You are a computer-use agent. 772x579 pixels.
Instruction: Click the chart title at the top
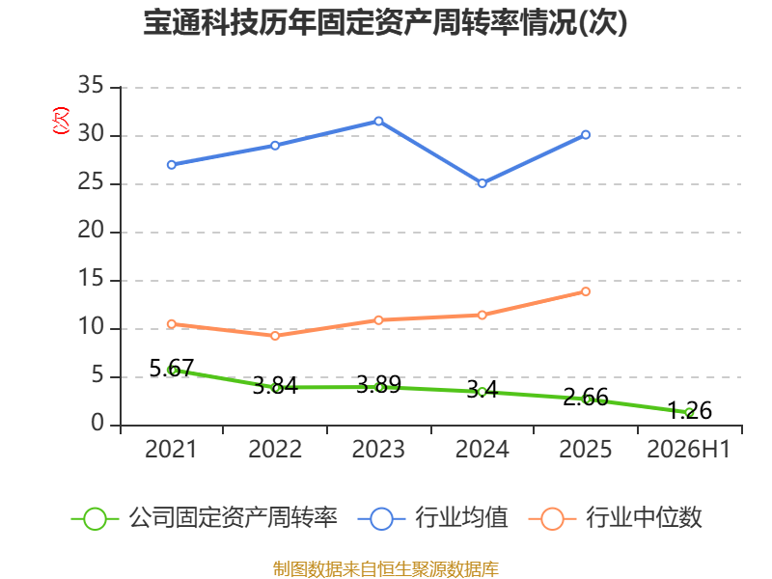click(385, 22)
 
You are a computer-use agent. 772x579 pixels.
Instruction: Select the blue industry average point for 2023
click(378, 122)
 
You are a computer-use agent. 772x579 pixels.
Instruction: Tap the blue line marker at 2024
click(482, 183)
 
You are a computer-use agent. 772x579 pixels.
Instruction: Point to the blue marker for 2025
click(586, 134)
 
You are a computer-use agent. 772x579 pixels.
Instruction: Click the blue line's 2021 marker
click(172, 164)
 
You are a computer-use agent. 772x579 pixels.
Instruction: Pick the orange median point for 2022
click(275, 336)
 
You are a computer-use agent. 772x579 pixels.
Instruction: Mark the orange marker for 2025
click(586, 291)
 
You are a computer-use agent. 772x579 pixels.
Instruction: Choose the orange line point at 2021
click(172, 324)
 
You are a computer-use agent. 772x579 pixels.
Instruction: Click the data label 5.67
click(172, 369)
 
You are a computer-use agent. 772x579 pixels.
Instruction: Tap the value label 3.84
click(275, 385)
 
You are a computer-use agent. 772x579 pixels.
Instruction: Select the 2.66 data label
click(586, 397)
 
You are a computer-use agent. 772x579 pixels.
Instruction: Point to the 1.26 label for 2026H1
click(689, 410)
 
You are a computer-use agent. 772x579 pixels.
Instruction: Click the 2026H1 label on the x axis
click(688, 449)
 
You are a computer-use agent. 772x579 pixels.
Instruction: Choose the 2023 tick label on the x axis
click(378, 449)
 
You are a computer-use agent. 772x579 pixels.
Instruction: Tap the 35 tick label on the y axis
click(90, 85)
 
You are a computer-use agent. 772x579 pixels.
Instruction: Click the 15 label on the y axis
click(90, 279)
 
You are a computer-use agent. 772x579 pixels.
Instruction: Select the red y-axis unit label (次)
click(61, 121)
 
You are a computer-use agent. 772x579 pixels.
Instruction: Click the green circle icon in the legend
click(95, 519)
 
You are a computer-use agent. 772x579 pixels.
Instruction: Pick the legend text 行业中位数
click(644, 517)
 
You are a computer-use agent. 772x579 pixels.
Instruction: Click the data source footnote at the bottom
click(385, 569)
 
